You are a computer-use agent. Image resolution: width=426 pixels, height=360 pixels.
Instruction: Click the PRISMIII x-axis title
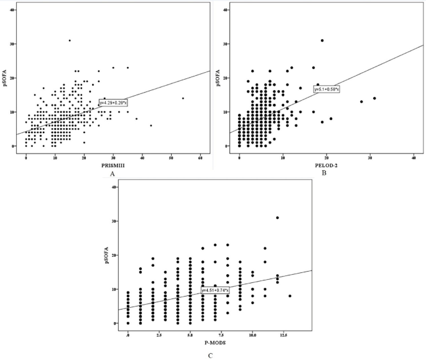(112, 165)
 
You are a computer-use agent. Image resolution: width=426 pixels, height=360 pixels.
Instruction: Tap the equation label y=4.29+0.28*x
(114, 103)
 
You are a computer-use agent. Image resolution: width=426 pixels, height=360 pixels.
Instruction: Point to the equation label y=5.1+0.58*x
(326, 89)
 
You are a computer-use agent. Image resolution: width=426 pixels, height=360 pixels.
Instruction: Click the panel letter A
(112, 175)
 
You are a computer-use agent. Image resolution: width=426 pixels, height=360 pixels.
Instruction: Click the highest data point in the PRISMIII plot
(70, 40)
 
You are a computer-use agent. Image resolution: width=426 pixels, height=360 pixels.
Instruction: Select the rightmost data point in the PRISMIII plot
(183, 98)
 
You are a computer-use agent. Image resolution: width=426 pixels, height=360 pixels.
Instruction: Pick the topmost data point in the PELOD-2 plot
(322, 40)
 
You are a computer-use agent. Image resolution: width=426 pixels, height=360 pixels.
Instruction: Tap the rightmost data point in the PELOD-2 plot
(374, 98)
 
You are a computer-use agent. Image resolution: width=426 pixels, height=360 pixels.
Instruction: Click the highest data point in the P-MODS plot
(277, 218)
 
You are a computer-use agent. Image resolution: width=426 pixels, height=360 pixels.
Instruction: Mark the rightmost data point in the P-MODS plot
(290, 296)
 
